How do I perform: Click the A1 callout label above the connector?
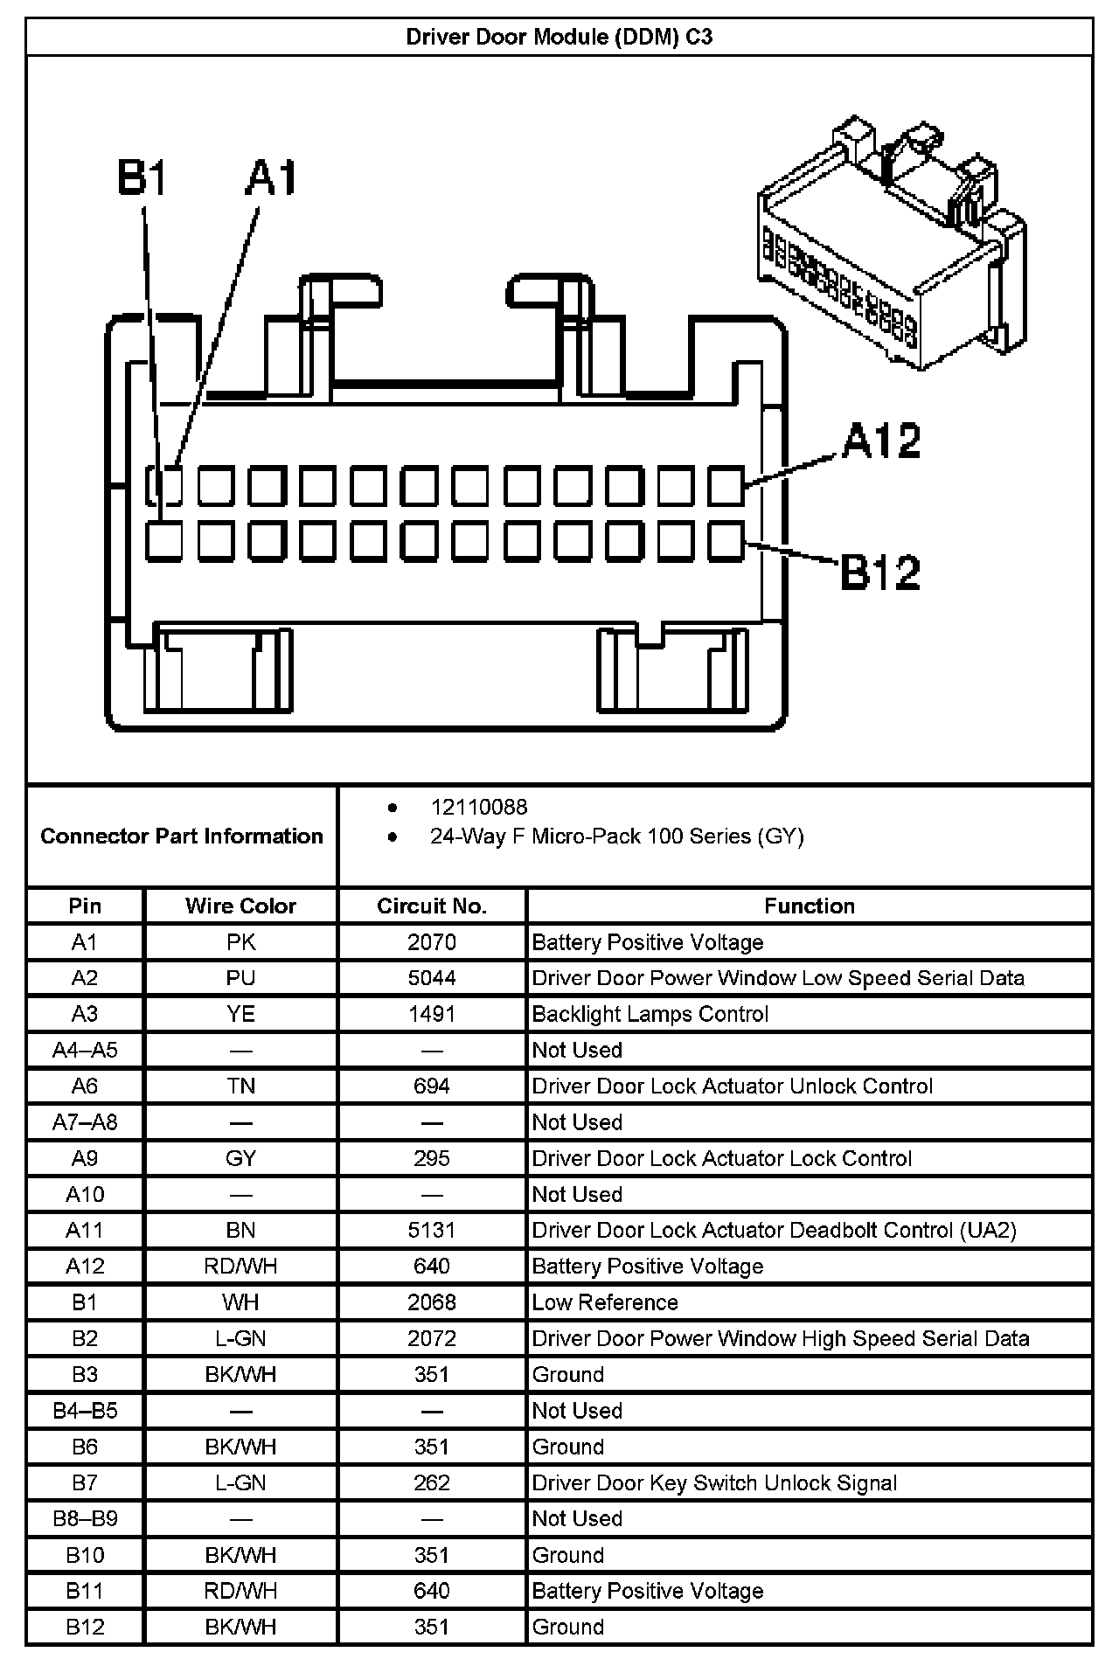[x=272, y=177]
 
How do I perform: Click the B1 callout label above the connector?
[x=142, y=177]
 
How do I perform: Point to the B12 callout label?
[x=880, y=573]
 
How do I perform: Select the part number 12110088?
[x=479, y=807]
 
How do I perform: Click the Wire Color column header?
[x=240, y=906]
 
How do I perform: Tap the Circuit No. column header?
[x=432, y=906]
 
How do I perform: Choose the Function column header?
[x=810, y=906]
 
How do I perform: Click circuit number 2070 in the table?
[x=432, y=942]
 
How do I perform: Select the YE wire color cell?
[x=240, y=1014]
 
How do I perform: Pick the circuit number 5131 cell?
[x=432, y=1231]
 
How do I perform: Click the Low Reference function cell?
[x=605, y=1302]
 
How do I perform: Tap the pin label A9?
[x=85, y=1158]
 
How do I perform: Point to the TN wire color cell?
[x=240, y=1086]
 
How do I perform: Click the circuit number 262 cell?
[x=432, y=1482]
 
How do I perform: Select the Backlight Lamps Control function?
[x=650, y=1014]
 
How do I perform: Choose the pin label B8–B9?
[x=85, y=1518]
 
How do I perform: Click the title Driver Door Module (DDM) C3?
[x=559, y=37]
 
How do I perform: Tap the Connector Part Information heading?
[x=182, y=836]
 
